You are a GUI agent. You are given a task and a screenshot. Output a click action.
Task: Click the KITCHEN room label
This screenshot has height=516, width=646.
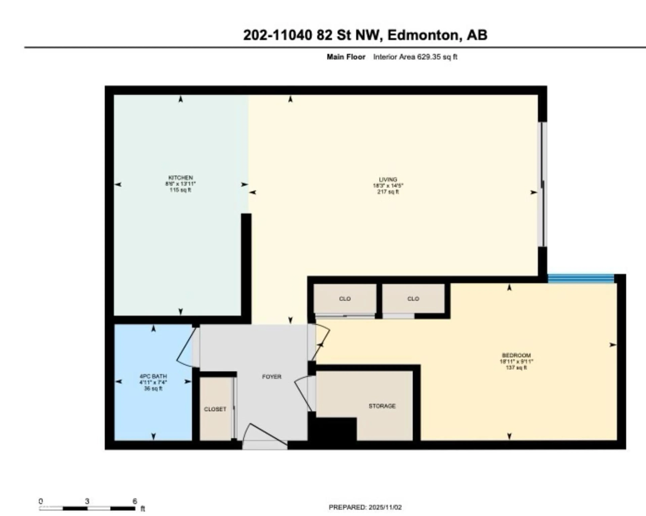pyautogui.click(x=180, y=178)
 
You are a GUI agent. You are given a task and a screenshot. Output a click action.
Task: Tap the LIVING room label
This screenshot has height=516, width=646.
pyautogui.click(x=388, y=180)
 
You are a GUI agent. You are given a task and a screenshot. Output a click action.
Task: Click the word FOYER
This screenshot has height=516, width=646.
pyautogui.click(x=272, y=377)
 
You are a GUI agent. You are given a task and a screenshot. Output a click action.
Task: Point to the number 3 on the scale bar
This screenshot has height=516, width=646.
pyautogui.click(x=87, y=501)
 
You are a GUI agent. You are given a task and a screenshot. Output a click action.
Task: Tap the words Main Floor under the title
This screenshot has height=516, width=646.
pyautogui.click(x=346, y=57)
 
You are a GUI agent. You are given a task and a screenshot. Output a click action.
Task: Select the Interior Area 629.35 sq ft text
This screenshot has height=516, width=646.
pyautogui.click(x=415, y=57)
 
